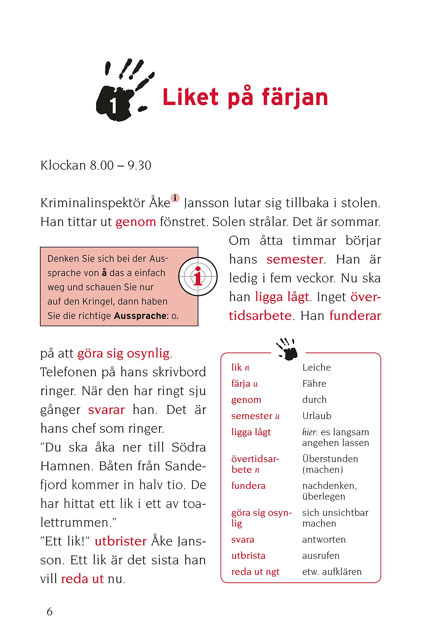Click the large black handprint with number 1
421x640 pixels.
click(118, 97)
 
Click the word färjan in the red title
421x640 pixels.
click(295, 97)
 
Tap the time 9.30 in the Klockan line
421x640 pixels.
click(139, 165)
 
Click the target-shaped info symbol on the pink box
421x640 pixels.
click(198, 276)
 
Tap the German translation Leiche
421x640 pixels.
click(316, 367)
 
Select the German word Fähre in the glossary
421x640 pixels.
click(314, 384)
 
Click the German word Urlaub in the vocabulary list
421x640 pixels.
click(317, 416)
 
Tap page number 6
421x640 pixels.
click(50, 612)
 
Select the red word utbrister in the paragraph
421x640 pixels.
click(121, 541)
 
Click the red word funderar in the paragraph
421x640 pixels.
click(355, 316)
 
